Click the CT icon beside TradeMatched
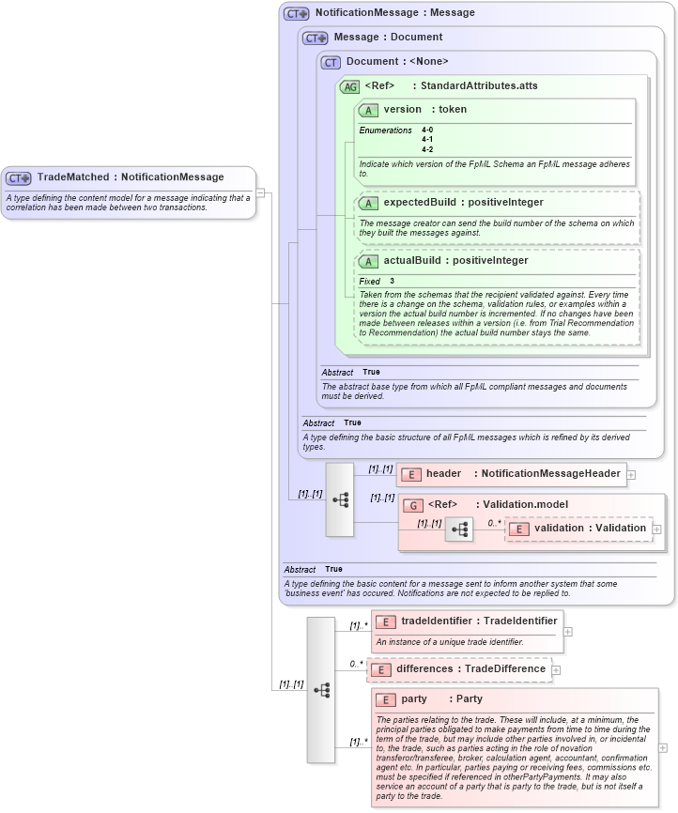tap(19, 177)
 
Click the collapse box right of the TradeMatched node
tap(261, 192)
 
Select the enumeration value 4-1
tap(427, 139)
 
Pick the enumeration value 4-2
tap(427, 149)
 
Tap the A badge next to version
tap(368, 110)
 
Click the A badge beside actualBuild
tap(368, 261)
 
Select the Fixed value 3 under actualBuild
tap(393, 282)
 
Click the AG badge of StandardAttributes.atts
tap(349, 86)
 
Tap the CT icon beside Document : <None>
tap(331, 62)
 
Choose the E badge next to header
tap(410, 474)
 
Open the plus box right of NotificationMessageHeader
tap(631, 475)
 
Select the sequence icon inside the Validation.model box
tap(459, 529)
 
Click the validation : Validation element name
tap(590, 529)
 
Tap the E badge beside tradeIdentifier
tap(385, 621)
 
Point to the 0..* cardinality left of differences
tap(357, 664)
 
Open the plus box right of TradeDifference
tap(556, 669)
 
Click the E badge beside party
tap(385, 699)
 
